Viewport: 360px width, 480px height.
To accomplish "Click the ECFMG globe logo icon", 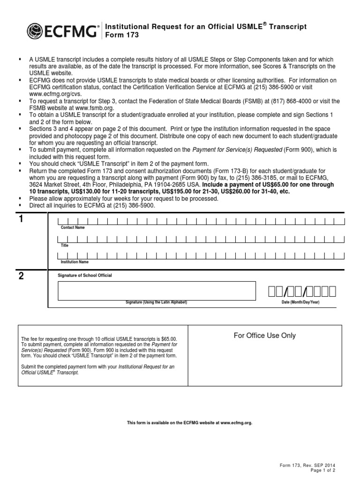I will tap(36, 31).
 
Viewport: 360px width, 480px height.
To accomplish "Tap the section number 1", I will tap(21, 220).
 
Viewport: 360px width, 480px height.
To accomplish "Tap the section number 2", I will tap(21, 276).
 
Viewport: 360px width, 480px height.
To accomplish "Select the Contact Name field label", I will tap(73, 227).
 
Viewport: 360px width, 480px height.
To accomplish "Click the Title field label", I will tap(64, 245).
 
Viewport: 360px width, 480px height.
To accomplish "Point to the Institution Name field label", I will tap(75, 262).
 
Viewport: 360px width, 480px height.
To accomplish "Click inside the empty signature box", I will tap(157, 291).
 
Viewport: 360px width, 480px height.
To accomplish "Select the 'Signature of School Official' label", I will tap(84, 275).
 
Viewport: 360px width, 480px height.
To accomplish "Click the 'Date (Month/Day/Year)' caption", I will tap(300, 302).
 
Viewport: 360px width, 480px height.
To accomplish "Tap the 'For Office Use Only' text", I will tap(265, 335).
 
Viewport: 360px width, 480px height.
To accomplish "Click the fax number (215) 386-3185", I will tap(263, 178).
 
